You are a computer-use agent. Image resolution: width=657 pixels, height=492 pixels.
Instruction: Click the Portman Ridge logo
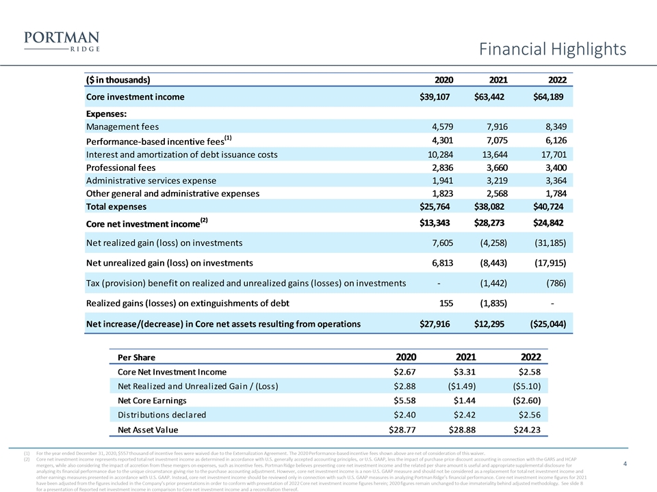[62, 40]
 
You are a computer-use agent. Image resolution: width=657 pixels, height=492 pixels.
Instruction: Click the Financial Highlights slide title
[552, 49]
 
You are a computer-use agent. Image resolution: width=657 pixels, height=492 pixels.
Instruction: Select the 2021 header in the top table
[493, 79]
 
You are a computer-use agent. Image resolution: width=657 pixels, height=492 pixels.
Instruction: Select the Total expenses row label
[116, 206]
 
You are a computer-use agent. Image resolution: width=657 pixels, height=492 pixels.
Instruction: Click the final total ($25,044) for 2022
[547, 323]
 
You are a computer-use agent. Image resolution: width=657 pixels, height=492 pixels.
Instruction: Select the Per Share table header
[136, 357]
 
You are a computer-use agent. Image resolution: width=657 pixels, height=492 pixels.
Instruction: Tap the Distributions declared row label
[162, 414]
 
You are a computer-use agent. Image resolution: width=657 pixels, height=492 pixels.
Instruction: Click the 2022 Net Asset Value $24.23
[526, 430]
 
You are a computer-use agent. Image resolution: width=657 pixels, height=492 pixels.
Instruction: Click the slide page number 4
[626, 464]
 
